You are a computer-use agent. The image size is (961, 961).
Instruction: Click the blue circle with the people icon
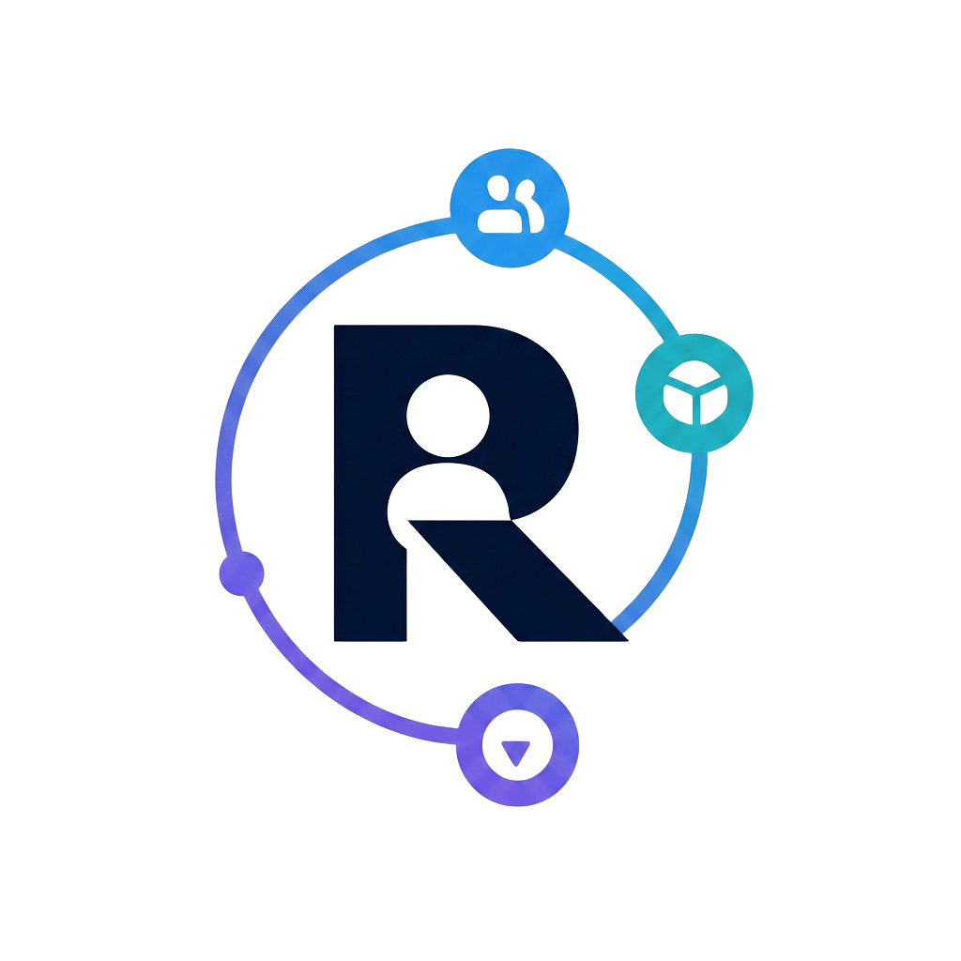[510, 207]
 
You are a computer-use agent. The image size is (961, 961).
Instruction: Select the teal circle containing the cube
[694, 393]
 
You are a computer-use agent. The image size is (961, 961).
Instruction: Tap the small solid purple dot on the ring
[241, 573]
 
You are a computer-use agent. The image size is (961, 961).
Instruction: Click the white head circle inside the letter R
[448, 416]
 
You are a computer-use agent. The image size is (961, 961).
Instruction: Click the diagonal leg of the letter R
[518, 580]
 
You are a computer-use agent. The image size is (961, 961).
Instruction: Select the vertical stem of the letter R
[370, 483]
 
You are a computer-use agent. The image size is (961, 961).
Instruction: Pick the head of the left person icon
[498, 188]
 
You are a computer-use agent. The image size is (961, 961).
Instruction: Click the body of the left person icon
[499, 221]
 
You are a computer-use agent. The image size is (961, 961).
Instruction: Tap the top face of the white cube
[694, 374]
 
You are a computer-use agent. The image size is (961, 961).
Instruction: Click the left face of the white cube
[678, 404]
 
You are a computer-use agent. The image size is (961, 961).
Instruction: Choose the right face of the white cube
[713, 404]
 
